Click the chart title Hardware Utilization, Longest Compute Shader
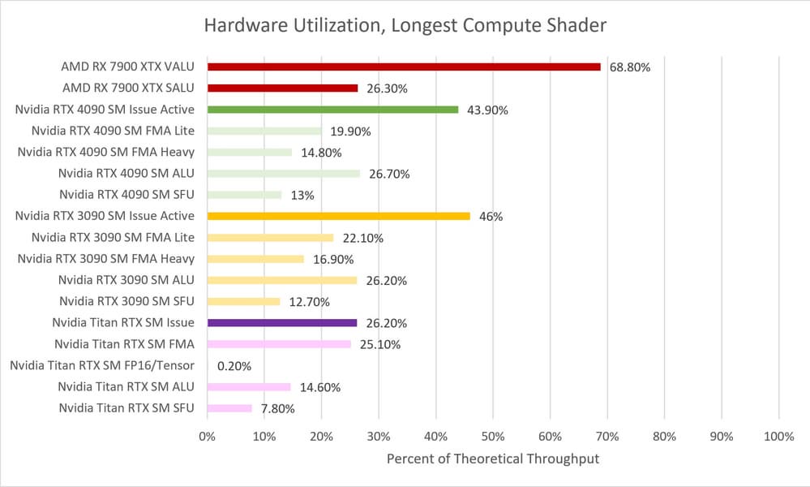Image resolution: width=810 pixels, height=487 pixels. coord(405,26)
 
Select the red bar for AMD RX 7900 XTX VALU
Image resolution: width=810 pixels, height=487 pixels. coord(404,67)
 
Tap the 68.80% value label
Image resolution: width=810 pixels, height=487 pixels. coord(629,67)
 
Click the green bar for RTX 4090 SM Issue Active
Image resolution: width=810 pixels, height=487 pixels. coord(332,109)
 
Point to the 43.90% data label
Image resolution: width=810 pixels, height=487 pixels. coord(486,110)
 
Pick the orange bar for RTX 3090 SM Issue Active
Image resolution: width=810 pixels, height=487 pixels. coord(338,216)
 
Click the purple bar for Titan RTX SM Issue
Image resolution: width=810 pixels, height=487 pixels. coord(282,322)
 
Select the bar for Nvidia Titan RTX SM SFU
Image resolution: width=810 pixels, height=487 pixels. coord(229,407)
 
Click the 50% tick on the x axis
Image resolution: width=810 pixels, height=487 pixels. coord(493,437)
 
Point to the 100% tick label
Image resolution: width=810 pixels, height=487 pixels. coord(778,437)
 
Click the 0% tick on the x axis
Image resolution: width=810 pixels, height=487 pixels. coord(208,437)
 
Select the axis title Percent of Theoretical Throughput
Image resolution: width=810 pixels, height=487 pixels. coord(492,459)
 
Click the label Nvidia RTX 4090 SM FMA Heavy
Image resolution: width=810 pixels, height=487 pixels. coord(105,152)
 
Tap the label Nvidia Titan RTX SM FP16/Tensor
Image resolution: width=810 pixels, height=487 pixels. coord(102,365)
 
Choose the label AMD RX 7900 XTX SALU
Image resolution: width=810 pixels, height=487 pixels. coord(128,88)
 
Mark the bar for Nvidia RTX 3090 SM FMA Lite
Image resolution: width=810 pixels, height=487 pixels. coord(270,237)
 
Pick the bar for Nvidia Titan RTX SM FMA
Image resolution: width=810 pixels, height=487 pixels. coord(279,343)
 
